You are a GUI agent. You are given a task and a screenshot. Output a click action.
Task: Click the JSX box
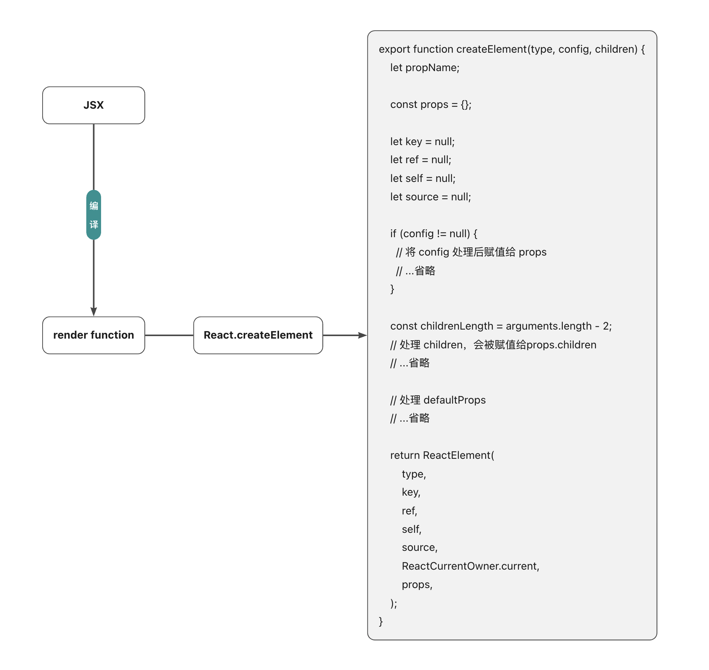(93, 105)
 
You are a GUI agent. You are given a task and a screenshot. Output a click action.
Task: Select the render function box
(93, 335)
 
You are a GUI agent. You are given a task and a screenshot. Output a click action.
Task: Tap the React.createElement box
(258, 335)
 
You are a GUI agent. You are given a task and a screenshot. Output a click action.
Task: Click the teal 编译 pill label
(93, 215)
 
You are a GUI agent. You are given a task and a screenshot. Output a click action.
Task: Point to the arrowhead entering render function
(93, 312)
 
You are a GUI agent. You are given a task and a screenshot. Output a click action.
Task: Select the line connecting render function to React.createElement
(169, 335)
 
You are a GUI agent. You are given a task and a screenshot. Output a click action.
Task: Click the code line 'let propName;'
(425, 68)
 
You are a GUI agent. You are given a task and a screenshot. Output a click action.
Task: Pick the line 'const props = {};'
(430, 104)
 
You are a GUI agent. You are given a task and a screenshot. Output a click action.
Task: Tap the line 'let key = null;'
(422, 142)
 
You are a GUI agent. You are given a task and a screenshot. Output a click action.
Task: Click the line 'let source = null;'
(430, 197)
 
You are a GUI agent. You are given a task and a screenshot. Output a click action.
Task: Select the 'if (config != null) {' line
(433, 234)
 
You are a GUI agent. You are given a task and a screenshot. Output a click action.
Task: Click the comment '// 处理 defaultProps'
(438, 400)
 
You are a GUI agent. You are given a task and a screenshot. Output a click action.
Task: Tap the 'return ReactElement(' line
(442, 455)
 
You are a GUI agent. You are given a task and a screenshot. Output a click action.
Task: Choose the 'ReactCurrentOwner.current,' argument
(470, 566)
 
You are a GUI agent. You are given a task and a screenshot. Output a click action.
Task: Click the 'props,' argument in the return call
(417, 584)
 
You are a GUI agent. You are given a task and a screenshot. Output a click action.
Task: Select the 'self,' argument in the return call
(412, 529)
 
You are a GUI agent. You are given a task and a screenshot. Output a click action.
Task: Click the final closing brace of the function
(381, 621)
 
